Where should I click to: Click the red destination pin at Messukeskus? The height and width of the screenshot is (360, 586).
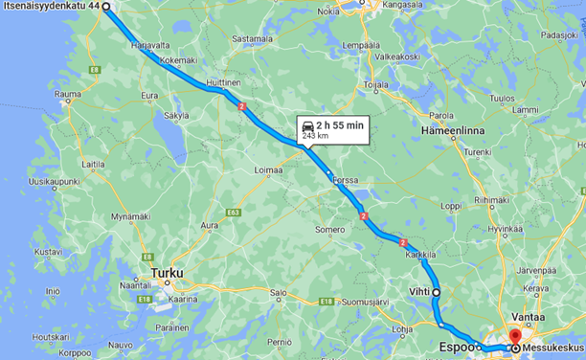point(513,337)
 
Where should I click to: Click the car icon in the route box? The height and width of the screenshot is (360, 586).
point(306,125)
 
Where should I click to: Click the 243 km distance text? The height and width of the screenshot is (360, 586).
point(315,137)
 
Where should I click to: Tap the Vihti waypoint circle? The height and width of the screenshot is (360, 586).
point(436,291)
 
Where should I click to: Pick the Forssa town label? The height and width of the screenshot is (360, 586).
point(345,179)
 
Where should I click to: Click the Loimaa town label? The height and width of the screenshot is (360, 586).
point(268,169)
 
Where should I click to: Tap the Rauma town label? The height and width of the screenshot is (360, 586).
point(68,94)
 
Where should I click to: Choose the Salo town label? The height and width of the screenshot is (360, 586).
point(279,293)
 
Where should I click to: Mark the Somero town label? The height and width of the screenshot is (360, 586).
point(330,230)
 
